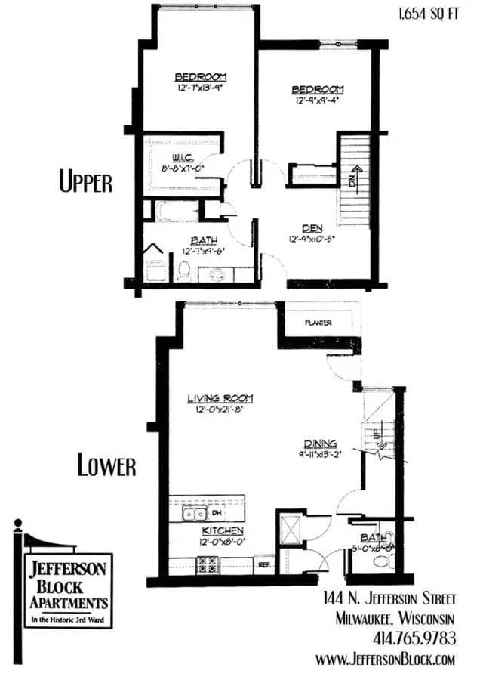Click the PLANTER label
[x=318, y=323]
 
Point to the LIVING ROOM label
[x=220, y=398]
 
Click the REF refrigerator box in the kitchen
[x=264, y=564]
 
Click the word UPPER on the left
[x=86, y=182]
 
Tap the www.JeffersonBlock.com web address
[x=385, y=660]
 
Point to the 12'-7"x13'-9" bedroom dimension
[x=200, y=87]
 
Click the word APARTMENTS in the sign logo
[x=69, y=603]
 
